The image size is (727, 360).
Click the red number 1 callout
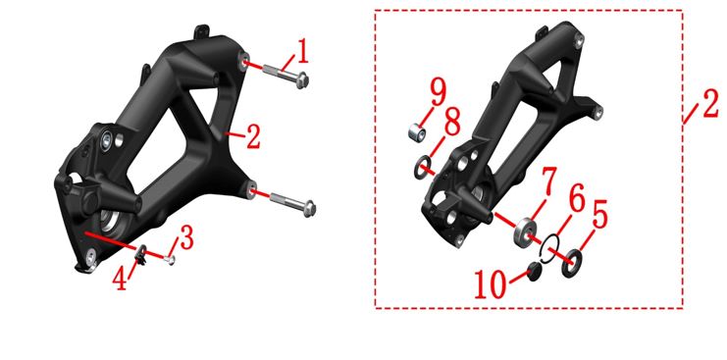click(x=302, y=52)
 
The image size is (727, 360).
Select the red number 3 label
click(x=186, y=238)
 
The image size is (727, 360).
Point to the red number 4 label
click(x=121, y=278)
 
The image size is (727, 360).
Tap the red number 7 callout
click(x=548, y=181)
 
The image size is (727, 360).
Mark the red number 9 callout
click(x=438, y=92)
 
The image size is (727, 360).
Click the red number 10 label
click(x=490, y=284)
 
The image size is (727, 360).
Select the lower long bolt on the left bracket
click(x=292, y=204)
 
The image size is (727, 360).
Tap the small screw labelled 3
click(x=170, y=260)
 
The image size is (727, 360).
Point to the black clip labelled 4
click(x=141, y=256)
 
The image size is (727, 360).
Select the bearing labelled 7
click(x=525, y=232)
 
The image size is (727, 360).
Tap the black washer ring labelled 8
click(x=422, y=168)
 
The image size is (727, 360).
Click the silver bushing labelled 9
click(x=417, y=133)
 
